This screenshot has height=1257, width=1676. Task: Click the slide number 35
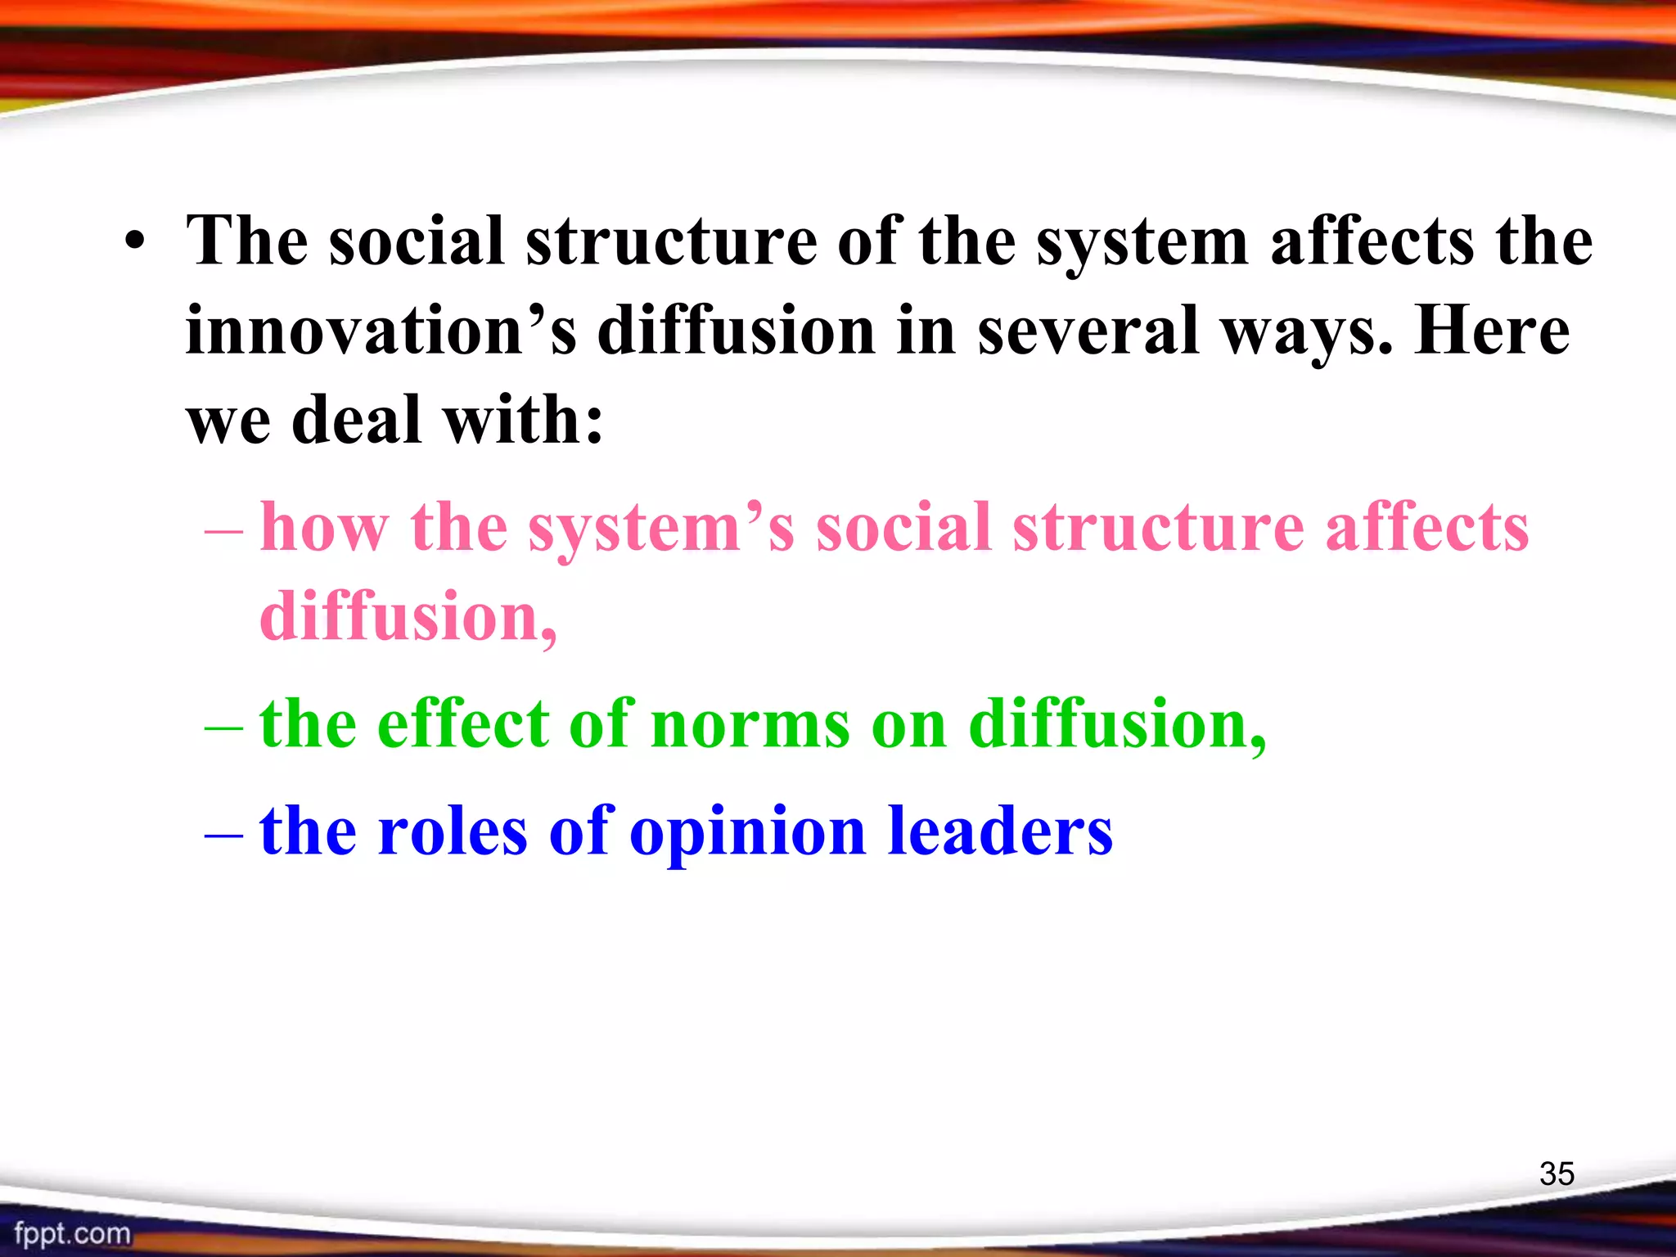pyautogui.click(x=1557, y=1174)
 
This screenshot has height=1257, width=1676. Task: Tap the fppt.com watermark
pyautogui.click(x=72, y=1233)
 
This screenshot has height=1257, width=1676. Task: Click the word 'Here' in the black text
pyautogui.click(x=1491, y=331)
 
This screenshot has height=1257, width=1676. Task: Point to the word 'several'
pyautogui.click(x=1088, y=331)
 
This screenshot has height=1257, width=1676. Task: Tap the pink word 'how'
pyautogui.click(x=324, y=527)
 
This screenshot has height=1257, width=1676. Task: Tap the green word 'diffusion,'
pyautogui.click(x=1117, y=725)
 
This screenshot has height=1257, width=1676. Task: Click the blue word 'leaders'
pyautogui.click(x=1000, y=831)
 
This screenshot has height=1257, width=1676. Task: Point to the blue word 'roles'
pyautogui.click(x=453, y=831)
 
